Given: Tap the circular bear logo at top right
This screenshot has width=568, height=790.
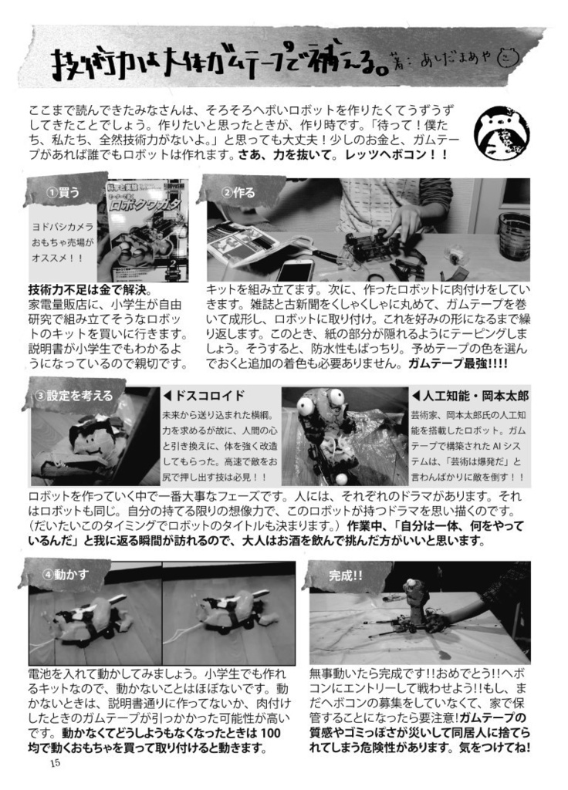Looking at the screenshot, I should pyautogui.click(x=501, y=132).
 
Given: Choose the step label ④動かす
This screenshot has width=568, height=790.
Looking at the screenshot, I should pyautogui.click(x=66, y=574).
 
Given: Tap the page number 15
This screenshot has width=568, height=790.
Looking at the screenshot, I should pyautogui.click(x=54, y=764).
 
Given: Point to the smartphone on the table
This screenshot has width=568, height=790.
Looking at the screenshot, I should pyautogui.click(x=295, y=269).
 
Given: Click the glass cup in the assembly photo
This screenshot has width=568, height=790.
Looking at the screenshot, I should pyautogui.click(x=513, y=235).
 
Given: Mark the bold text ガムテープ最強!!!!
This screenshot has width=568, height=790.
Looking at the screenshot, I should pyautogui.click(x=458, y=363).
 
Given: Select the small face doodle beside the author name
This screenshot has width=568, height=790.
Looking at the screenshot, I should pyautogui.click(x=509, y=59).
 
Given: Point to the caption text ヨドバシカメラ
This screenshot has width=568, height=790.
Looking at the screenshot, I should pyautogui.click(x=63, y=227).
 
